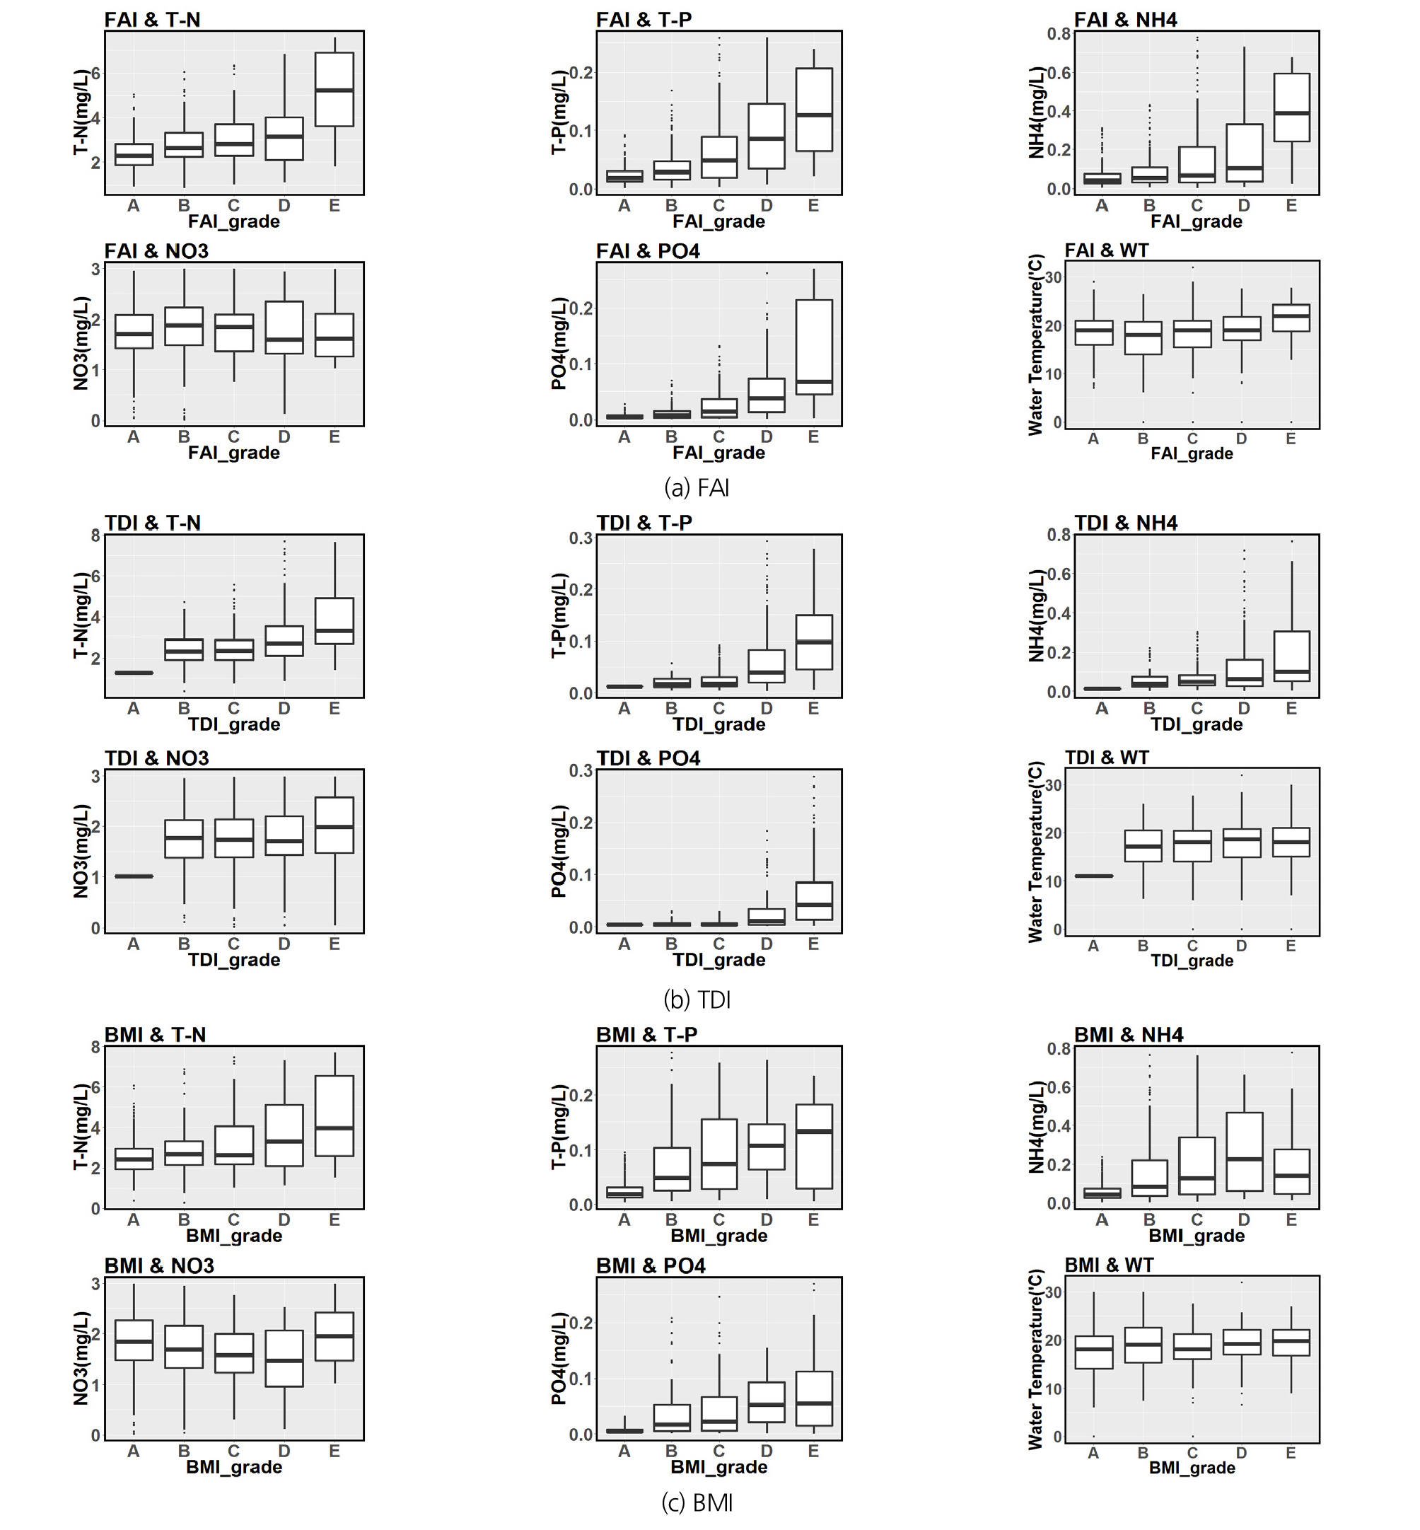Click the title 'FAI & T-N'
tap(152, 20)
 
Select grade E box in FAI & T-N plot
tap(334, 89)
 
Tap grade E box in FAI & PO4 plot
tap(814, 347)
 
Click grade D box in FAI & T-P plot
tap(766, 136)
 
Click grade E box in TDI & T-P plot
tap(814, 642)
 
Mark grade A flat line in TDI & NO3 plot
tap(134, 876)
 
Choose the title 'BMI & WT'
tap(1109, 1265)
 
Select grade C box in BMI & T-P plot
tap(719, 1154)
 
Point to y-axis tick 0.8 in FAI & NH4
tap(1059, 34)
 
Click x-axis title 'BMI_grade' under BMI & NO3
tap(233, 1467)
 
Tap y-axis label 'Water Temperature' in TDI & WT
tap(1036, 852)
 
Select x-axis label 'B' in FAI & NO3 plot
tap(184, 436)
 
